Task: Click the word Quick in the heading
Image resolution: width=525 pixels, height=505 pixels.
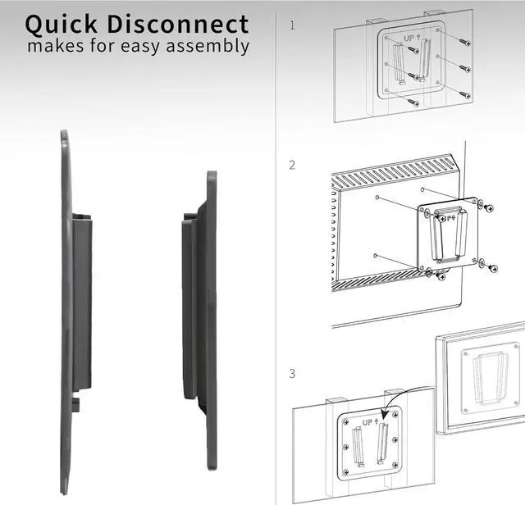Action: [65, 23]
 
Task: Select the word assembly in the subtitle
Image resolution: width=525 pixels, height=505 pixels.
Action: [210, 46]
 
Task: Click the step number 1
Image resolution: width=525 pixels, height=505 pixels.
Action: [292, 25]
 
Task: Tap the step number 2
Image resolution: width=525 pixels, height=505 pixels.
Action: [292, 165]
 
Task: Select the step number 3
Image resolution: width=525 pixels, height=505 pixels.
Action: [292, 374]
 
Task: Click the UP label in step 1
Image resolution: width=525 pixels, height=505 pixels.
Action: [409, 39]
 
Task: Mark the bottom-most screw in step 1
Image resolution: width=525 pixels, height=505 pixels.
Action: [413, 103]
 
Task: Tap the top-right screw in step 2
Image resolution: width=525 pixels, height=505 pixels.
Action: [489, 207]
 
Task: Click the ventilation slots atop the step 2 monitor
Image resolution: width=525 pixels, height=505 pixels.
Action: [394, 168]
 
